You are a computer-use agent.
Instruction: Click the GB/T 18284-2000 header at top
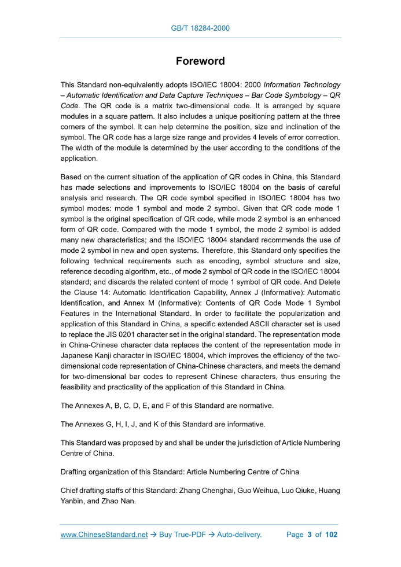pyautogui.click(x=200, y=28)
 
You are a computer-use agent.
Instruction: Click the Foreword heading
pyautogui.click(x=200, y=61)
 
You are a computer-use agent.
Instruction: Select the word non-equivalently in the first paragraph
pyautogui.click(x=134, y=84)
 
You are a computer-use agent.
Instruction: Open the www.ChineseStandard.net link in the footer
pyautogui.click(x=104, y=535)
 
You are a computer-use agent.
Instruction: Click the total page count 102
pyautogui.click(x=331, y=535)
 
